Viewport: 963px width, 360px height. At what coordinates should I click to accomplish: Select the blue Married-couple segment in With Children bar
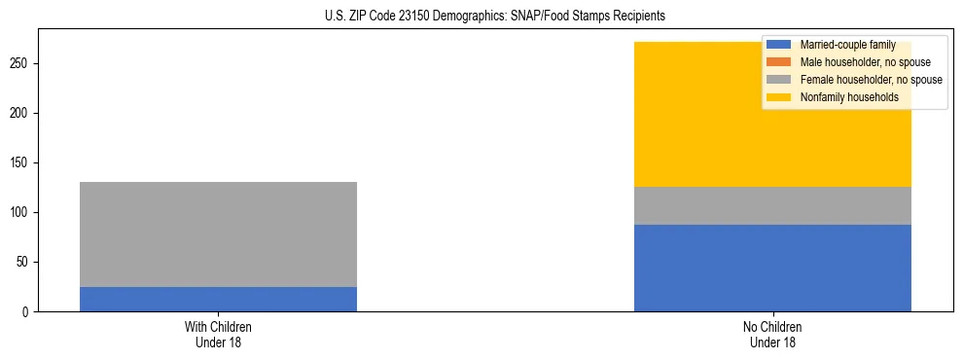click(218, 299)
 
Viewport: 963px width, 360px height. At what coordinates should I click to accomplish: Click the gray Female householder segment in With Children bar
click(218, 234)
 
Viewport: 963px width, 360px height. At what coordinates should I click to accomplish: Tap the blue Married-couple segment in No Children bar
click(772, 268)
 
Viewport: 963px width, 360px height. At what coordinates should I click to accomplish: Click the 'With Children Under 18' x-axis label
click(218, 335)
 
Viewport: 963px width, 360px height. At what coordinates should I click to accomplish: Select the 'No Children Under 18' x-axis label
click(772, 335)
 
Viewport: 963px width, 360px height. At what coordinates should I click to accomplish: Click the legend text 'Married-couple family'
click(847, 45)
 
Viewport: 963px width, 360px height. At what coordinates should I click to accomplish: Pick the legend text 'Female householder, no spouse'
click(871, 80)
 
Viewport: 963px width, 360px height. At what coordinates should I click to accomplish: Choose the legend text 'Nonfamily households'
click(849, 97)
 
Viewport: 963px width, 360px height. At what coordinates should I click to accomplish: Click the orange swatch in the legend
click(779, 62)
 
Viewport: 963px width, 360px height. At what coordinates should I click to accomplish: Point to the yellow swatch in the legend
click(779, 97)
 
